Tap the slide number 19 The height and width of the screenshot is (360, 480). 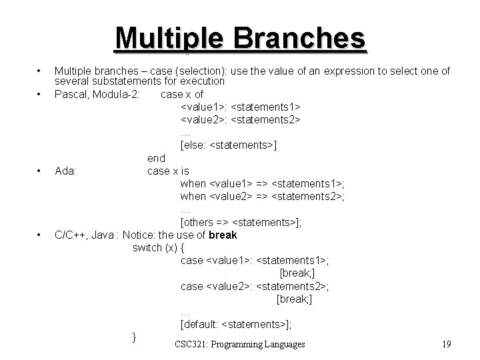446,344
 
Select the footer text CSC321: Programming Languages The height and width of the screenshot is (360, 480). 239,344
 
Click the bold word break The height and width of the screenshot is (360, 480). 223,235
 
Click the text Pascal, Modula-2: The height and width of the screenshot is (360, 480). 97,94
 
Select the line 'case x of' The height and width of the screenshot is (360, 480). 182,94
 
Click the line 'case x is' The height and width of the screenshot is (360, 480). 168,171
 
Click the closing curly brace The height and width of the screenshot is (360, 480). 135,337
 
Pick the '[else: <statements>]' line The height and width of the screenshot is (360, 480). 229,145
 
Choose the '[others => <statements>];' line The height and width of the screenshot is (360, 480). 241,222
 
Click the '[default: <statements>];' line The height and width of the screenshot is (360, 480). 236,324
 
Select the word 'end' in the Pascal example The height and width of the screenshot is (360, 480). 156,158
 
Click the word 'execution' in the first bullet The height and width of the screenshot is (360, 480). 202,81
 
